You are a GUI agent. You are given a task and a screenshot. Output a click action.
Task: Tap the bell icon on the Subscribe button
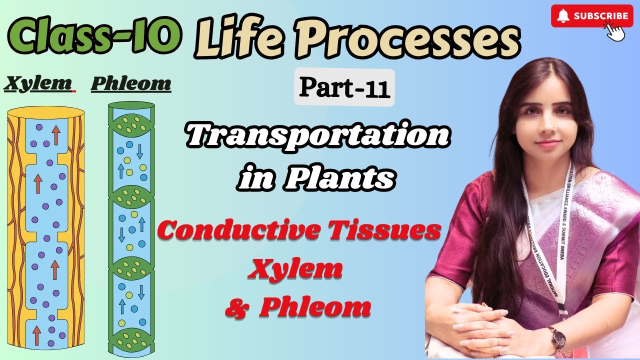point(563,16)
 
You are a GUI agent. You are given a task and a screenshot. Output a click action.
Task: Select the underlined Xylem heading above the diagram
point(37,83)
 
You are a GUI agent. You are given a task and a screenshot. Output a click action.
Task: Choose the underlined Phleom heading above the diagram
point(131,83)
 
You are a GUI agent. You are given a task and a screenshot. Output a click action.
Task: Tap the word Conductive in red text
point(230,231)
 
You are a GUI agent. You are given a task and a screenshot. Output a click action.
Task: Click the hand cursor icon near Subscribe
point(615,31)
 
